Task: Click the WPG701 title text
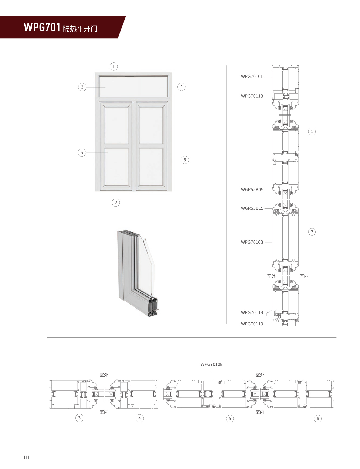point(42,27)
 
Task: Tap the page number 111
point(26,457)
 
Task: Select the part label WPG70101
point(252,77)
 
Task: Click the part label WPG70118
point(252,96)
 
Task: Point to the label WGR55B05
point(252,190)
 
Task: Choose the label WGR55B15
point(252,208)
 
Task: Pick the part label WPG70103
point(252,242)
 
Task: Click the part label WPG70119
point(252,312)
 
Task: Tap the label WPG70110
point(252,324)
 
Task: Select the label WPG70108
point(211,364)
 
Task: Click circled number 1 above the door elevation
point(114,66)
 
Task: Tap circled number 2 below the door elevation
point(115,203)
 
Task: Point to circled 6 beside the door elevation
point(185,160)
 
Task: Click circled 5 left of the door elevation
point(82,153)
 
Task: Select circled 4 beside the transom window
point(181,87)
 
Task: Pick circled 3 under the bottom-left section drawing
point(79,418)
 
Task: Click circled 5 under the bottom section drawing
point(230,418)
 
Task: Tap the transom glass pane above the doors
point(133,87)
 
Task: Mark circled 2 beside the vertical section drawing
point(312,232)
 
